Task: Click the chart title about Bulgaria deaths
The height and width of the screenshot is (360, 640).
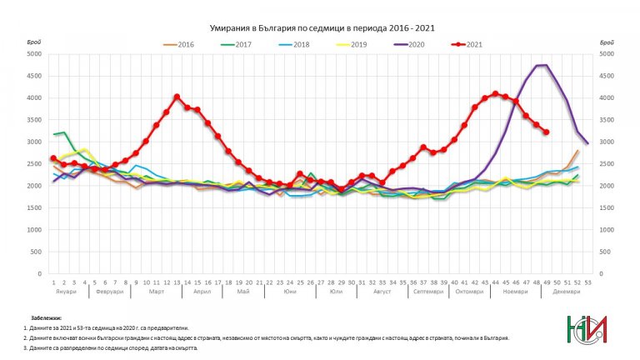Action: (x=319, y=27)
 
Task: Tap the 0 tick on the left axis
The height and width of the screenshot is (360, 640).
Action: (x=38, y=273)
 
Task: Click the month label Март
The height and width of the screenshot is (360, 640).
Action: (x=156, y=292)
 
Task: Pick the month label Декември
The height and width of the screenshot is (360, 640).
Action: (x=567, y=292)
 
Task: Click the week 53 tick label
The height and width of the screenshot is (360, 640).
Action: (x=587, y=282)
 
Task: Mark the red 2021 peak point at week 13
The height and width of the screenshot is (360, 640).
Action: (x=177, y=97)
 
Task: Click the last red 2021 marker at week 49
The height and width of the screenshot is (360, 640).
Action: (x=546, y=132)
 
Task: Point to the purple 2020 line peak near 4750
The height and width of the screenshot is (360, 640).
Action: (x=542, y=65)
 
